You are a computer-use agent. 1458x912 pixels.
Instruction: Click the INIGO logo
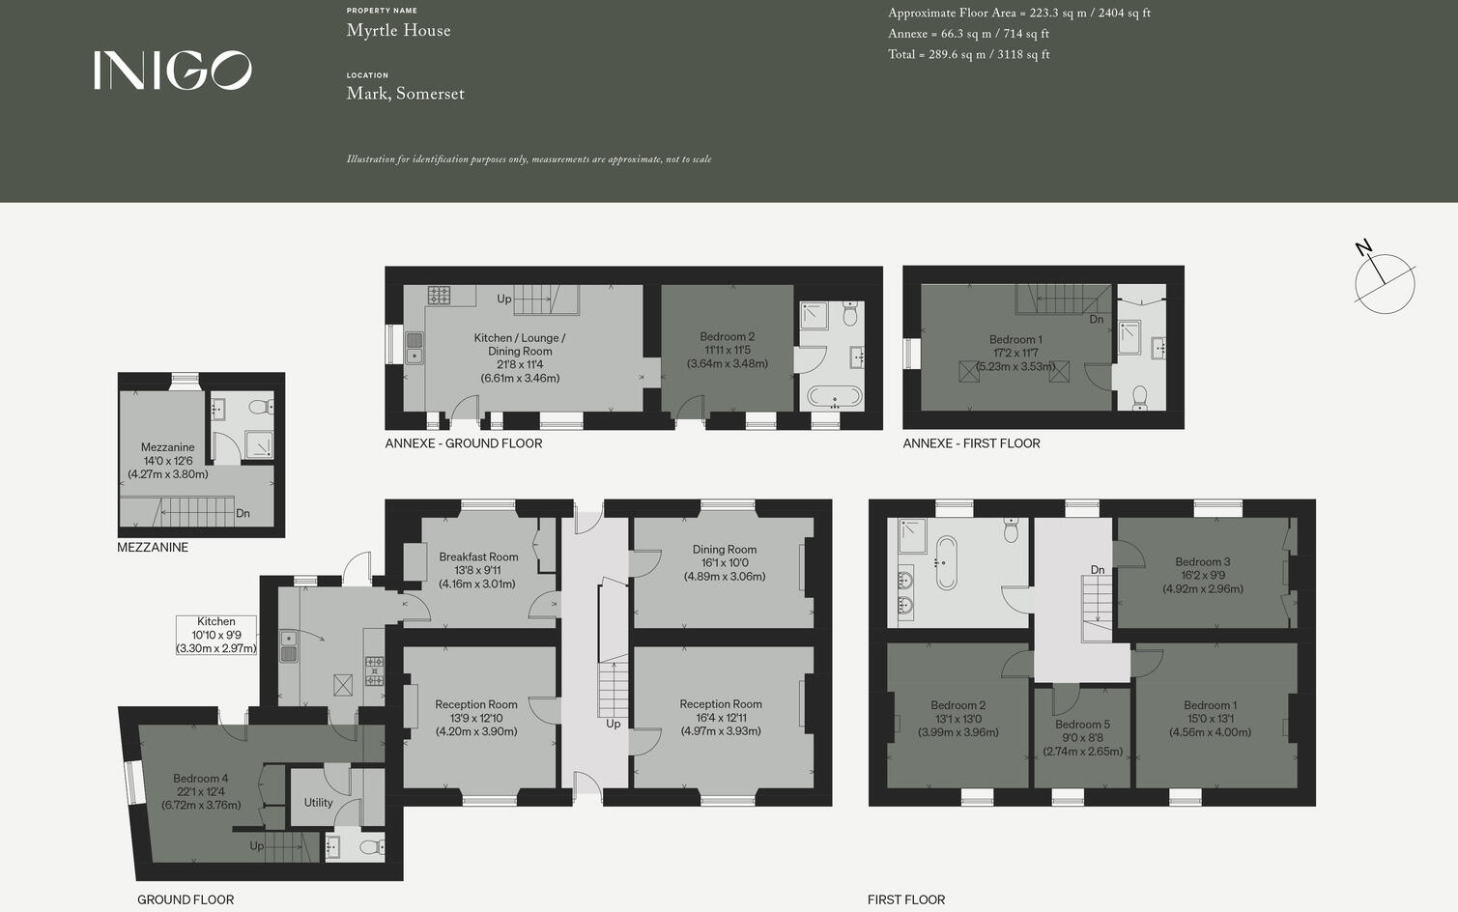point(172,71)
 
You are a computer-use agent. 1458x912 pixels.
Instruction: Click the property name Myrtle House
point(398,31)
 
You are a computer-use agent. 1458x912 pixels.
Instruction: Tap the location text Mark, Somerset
point(405,94)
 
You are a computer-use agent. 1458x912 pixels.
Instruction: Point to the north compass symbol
point(1384,281)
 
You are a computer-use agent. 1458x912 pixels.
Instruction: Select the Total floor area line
point(968,55)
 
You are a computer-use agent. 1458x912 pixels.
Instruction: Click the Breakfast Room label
point(478,557)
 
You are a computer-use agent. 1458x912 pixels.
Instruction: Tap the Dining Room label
point(724,550)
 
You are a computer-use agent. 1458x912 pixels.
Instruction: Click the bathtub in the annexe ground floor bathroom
point(833,396)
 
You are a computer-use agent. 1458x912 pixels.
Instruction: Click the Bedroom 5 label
point(1082,725)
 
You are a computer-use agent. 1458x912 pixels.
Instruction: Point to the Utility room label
point(318,803)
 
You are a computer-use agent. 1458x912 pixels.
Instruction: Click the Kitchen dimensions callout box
point(216,636)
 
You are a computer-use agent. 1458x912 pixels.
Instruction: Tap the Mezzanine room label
point(167,447)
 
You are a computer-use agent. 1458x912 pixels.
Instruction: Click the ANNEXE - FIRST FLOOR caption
point(971,443)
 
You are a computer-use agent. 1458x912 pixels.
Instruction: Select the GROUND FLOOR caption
point(186,899)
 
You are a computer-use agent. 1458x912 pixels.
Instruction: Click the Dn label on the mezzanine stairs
point(243,514)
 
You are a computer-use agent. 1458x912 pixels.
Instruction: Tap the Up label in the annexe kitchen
point(503,299)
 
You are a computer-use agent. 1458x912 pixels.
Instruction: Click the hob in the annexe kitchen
point(439,295)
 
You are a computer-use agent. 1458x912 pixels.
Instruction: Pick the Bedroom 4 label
point(200,779)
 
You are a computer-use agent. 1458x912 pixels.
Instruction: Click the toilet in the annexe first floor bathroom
point(1139,397)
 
